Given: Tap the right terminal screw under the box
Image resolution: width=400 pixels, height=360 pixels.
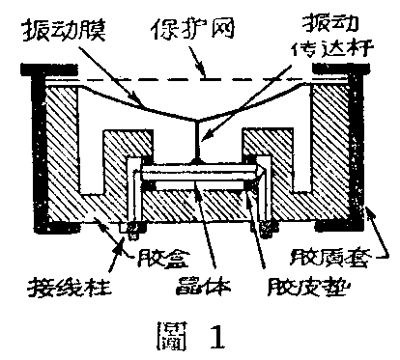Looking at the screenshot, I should (266, 230).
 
